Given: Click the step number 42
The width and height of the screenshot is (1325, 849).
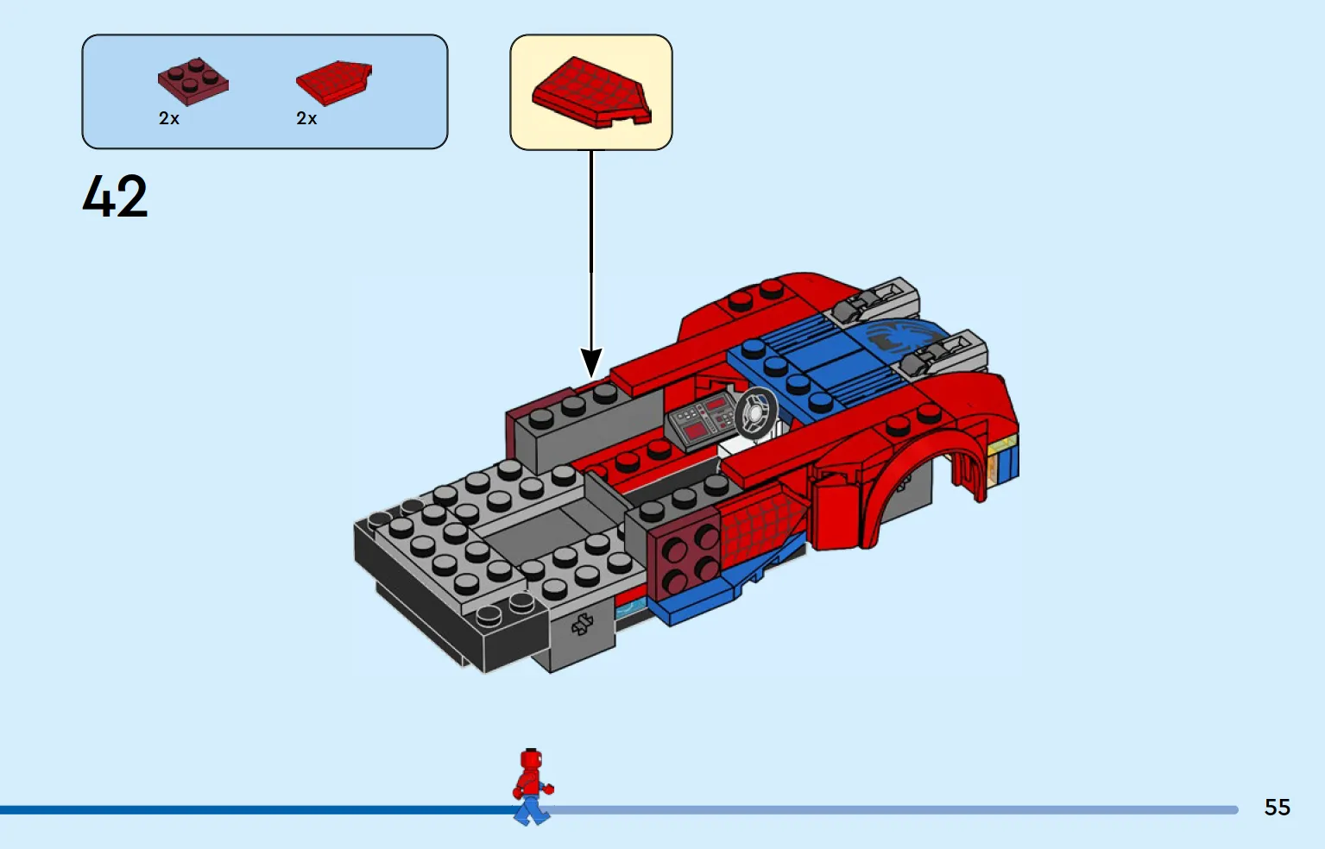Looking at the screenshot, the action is (115, 196).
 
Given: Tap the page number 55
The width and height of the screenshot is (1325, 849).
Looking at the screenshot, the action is (1277, 807).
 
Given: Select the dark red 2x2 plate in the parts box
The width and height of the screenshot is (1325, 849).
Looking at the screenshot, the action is (192, 82).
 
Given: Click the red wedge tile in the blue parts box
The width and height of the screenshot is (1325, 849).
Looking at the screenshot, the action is (334, 83).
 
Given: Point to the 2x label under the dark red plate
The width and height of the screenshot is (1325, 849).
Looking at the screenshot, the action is (168, 118).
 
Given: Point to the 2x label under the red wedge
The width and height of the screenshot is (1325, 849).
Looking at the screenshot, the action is (306, 118).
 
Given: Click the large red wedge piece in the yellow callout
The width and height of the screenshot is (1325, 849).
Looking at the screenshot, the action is (591, 92).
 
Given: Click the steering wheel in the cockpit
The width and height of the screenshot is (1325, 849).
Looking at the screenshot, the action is (756, 413).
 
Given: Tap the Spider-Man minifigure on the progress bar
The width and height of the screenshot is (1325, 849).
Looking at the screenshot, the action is (533, 786).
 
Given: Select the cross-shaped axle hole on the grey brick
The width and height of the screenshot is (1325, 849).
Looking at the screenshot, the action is (582, 624).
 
